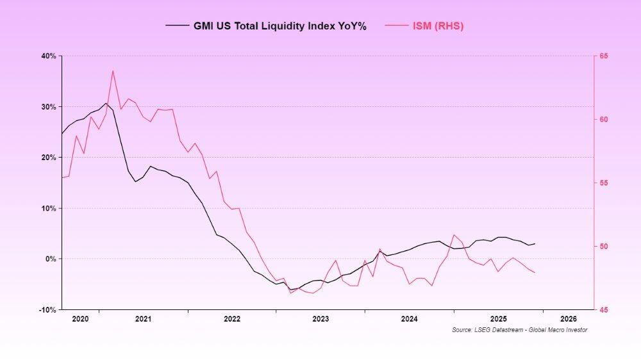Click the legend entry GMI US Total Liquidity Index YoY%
click(x=280, y=26)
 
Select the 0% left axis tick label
click(x=51, y=259)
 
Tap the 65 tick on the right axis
click(x=604, y=56)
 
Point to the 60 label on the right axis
click(x=604, y=120)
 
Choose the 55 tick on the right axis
click(x=604, y=183)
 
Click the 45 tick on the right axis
click(x=604, y=310)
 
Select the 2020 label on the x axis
click(x=80, y=318)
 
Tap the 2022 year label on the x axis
click(x=231, y=318)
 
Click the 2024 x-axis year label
click(x=409, y=318)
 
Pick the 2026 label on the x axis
click(x=568, y=318)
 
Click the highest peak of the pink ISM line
click(x=113, y=70)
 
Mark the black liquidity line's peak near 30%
click(x=106, y=103)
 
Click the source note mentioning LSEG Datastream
click(x=519, y=330)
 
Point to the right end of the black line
click(x=535, y=243)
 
